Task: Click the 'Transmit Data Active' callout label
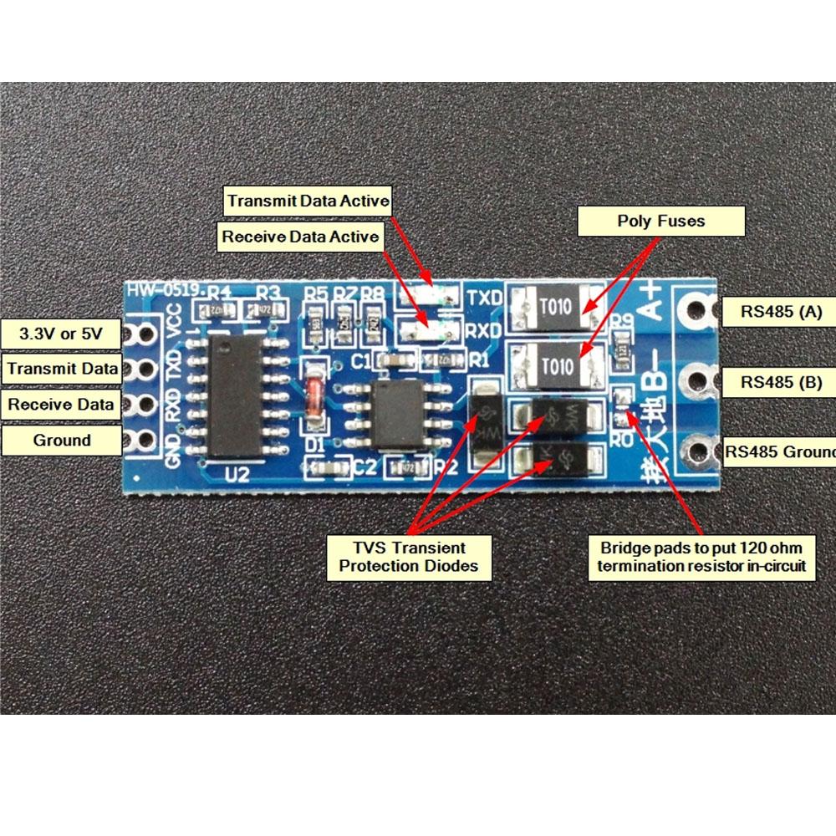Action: [x=308, y=201]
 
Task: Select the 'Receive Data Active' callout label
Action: [x=300, y=237]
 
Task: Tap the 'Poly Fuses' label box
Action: [x=660, y=222]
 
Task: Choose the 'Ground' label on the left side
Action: [x=61, y=440]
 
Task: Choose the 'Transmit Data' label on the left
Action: [x=60, y=369]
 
